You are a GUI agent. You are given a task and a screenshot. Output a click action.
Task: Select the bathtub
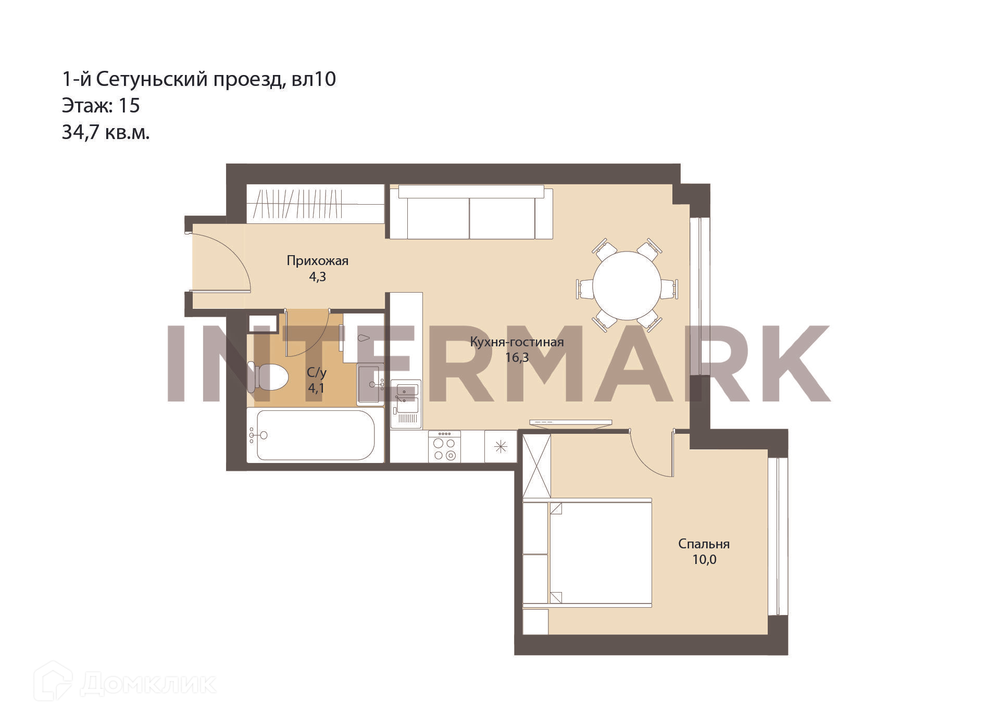(x=315, y=435)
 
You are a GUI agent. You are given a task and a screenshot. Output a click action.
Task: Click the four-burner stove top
(x=444, y=446)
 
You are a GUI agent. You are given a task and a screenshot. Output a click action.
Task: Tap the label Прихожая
(x=317, y=260)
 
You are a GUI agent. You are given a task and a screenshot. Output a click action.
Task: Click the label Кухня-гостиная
(x=517, y=342)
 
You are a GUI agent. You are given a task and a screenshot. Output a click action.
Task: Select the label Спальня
(x=704, y=544)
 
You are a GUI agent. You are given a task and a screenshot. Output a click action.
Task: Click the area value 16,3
(x=517, y=358)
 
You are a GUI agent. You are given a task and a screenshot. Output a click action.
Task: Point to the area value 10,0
(x=704, y=560)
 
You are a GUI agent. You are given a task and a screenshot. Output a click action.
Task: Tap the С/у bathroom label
(x=316, y=372)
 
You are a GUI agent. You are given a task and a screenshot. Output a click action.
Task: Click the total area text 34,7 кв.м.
(x=106, y=133)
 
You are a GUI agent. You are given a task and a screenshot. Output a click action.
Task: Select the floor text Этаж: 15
(x=101, y=106)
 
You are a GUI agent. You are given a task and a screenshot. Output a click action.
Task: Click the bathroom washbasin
(x=370, y=384)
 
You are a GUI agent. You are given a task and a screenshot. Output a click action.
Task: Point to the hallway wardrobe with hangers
(x=315, y=204)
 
